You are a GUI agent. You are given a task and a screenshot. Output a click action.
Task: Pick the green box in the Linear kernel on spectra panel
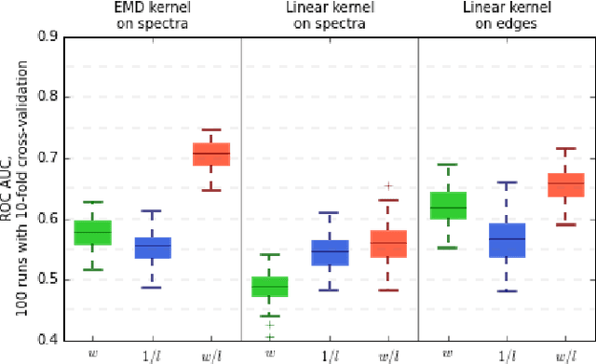tap(269, 287)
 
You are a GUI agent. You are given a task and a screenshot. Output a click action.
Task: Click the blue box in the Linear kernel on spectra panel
tap(329, 252)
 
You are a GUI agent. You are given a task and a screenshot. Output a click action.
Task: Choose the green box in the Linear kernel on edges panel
tap(447, 205)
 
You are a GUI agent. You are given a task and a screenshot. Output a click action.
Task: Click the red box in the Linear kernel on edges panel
tap(564, 184)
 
